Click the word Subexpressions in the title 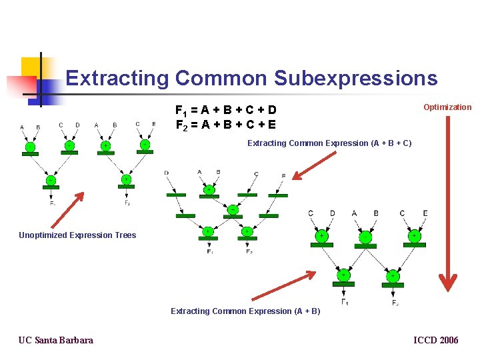point(355,79)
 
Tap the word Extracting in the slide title point(117,79)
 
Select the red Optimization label point(447,107)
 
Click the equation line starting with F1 point(225,110)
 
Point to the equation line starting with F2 point(225,125)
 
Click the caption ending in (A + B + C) point(329,143)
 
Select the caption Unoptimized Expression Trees point(77,235)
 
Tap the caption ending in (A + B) point(245,311)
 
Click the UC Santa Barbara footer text point(56,341)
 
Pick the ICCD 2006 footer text point(436,341)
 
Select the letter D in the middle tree point(166,173)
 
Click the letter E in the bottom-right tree point(425,213)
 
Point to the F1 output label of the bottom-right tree point(345,303)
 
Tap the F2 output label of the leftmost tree point(127,203)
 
